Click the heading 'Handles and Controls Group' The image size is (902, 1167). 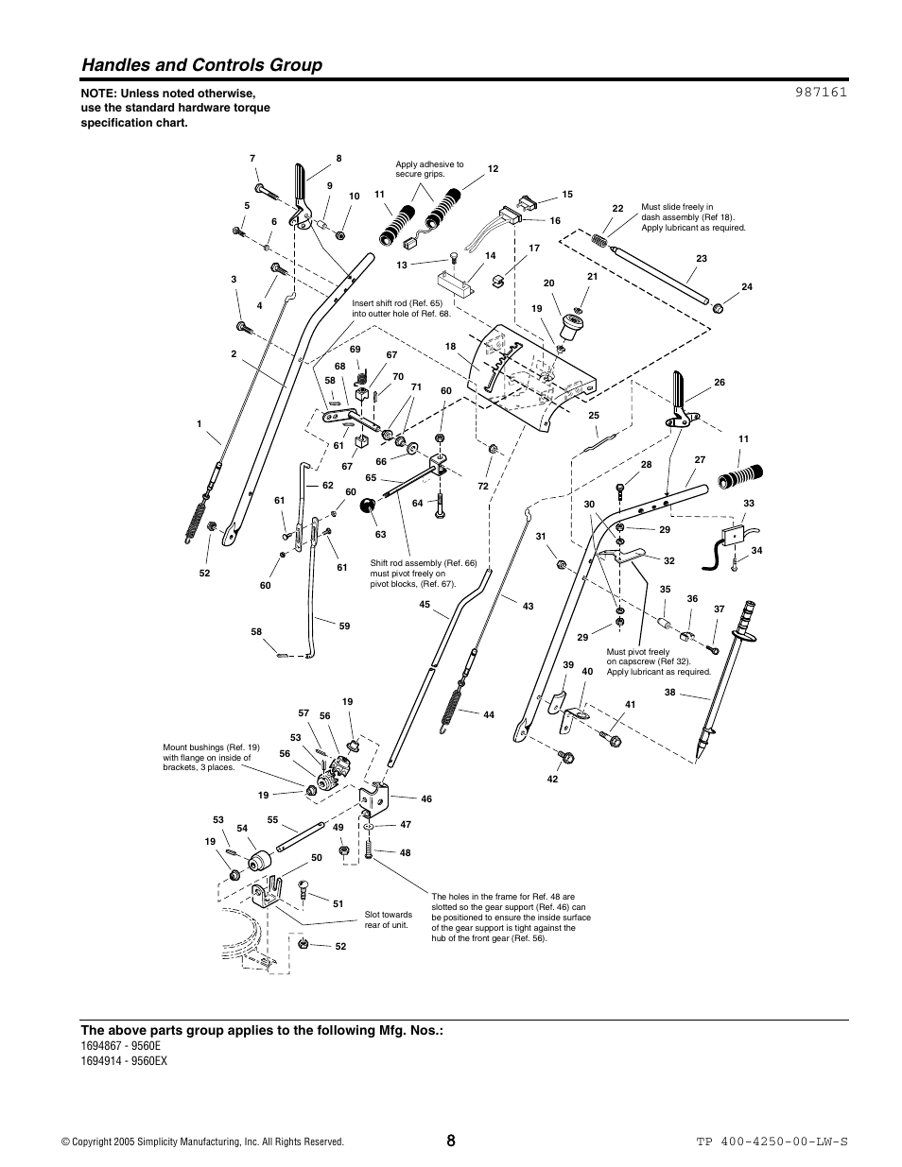coord(201,64)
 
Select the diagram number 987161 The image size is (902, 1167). coord(814,93)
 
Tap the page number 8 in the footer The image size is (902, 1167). coord(451,1141)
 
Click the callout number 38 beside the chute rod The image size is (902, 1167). coord(669,693)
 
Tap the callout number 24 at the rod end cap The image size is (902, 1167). coord(746,286)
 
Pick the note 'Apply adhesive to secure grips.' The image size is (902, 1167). coord(429,169)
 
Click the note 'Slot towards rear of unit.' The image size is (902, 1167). coord(389,919)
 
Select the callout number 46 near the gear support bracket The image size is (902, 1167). coord(426,798)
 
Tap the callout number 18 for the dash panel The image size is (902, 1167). coord(451,347)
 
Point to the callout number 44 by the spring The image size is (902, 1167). coord(489,715)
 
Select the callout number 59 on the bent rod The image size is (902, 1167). coord(344,626)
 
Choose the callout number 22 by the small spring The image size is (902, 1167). coord(618,208)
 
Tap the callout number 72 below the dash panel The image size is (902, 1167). coord(483,486)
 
